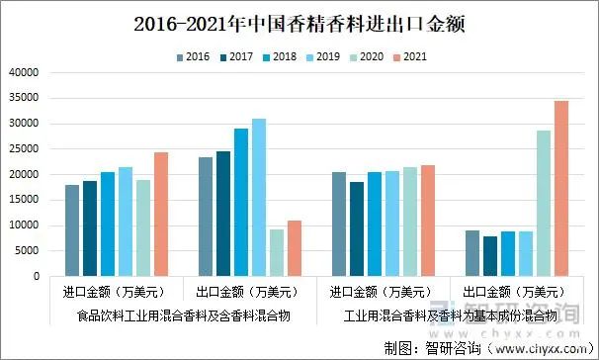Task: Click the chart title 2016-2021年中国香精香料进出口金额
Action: coord(299,22)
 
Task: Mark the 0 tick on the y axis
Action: coord(34,277)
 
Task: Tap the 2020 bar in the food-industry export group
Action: coord(277,253)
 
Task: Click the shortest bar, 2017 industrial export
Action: coord(490,256)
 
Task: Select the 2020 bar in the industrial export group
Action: coord(544,204)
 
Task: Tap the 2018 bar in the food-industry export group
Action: coord(241,203)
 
